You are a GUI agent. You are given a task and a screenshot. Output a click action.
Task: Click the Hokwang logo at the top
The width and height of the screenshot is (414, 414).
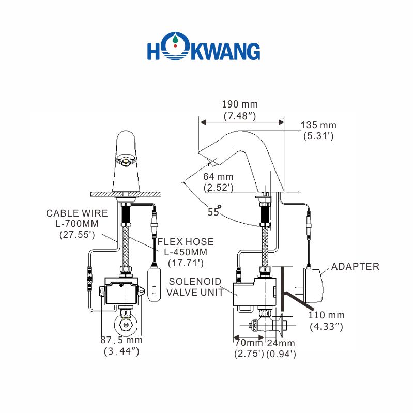point(204,51)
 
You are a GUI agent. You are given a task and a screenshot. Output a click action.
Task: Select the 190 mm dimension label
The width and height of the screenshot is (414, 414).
point(240,111)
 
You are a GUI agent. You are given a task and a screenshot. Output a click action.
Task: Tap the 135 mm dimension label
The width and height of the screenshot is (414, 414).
point(319,130)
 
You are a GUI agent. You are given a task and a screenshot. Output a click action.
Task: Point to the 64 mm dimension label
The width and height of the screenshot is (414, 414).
point(218,182)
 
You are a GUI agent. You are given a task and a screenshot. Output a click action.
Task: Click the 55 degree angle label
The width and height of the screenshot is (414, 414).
point(213,211)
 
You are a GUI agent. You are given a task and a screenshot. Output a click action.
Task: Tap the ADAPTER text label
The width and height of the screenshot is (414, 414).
point(355,267)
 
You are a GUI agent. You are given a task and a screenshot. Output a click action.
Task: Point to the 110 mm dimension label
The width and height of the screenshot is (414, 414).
point(327,320)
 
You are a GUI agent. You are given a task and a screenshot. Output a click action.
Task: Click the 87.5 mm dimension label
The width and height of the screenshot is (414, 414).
point(121,345)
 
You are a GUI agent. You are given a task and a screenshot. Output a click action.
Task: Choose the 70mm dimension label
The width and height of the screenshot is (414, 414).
point(249,348)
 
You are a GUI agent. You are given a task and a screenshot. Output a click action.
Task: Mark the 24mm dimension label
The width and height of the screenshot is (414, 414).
point(281,348)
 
